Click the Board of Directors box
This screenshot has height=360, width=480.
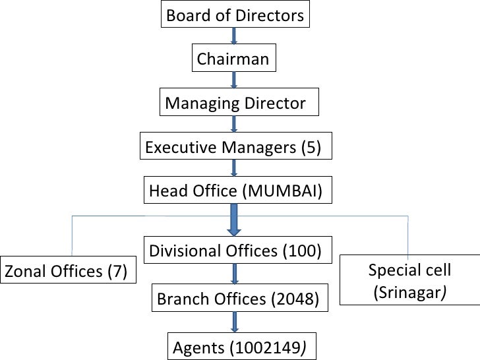click(x=235, y=15)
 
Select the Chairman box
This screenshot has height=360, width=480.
click(x=233, y=59)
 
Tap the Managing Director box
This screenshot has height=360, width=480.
click(x=235, y=103)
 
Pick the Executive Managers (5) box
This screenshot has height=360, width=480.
click(x=235, y=147)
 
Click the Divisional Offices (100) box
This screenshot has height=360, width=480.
click(x=235, y=251)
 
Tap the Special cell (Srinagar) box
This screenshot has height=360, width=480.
click(x=409, y=280)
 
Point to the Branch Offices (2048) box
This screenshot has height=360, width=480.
click(x=238, y=299)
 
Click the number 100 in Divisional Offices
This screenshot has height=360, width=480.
click(x=301, y=251)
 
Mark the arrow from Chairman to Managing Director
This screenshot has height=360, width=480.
click(x=235, y=80)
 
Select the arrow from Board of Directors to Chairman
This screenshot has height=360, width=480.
click(x=235, y=36)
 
